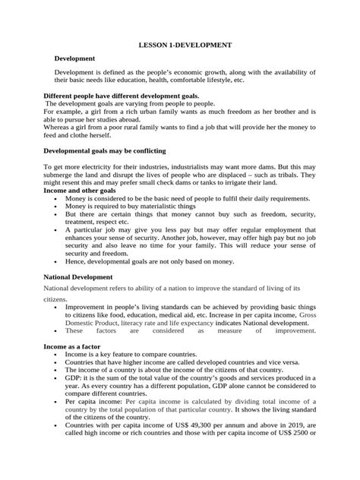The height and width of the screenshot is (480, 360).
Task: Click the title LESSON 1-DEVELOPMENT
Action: pyautogui.click(x=179, y=46)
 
